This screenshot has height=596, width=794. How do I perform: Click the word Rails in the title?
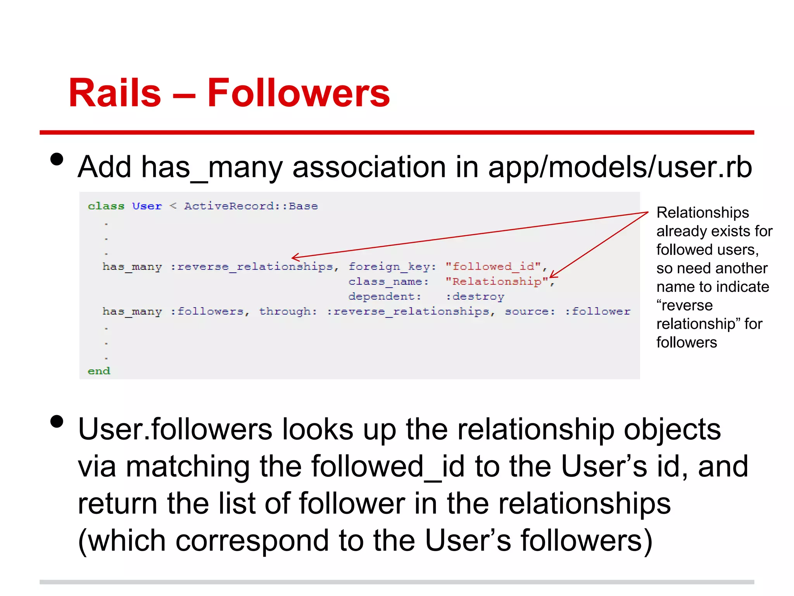115,93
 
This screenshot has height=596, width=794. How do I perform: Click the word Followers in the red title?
298,93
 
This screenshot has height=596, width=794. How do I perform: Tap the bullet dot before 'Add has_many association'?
57,159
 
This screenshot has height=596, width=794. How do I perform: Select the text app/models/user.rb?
620,167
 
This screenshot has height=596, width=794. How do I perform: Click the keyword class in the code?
106,206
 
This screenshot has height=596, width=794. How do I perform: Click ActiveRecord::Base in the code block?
251,206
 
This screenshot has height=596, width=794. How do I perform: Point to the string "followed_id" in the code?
493,267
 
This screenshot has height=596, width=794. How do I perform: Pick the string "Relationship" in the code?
497,281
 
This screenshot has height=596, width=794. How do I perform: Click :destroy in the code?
475,296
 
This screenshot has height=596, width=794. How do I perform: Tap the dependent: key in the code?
385,296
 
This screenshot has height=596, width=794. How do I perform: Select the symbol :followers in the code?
210,311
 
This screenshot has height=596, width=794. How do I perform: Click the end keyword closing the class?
99,371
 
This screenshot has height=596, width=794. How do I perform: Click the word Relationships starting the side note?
703,213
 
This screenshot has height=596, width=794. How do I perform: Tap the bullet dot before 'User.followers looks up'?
57,421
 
